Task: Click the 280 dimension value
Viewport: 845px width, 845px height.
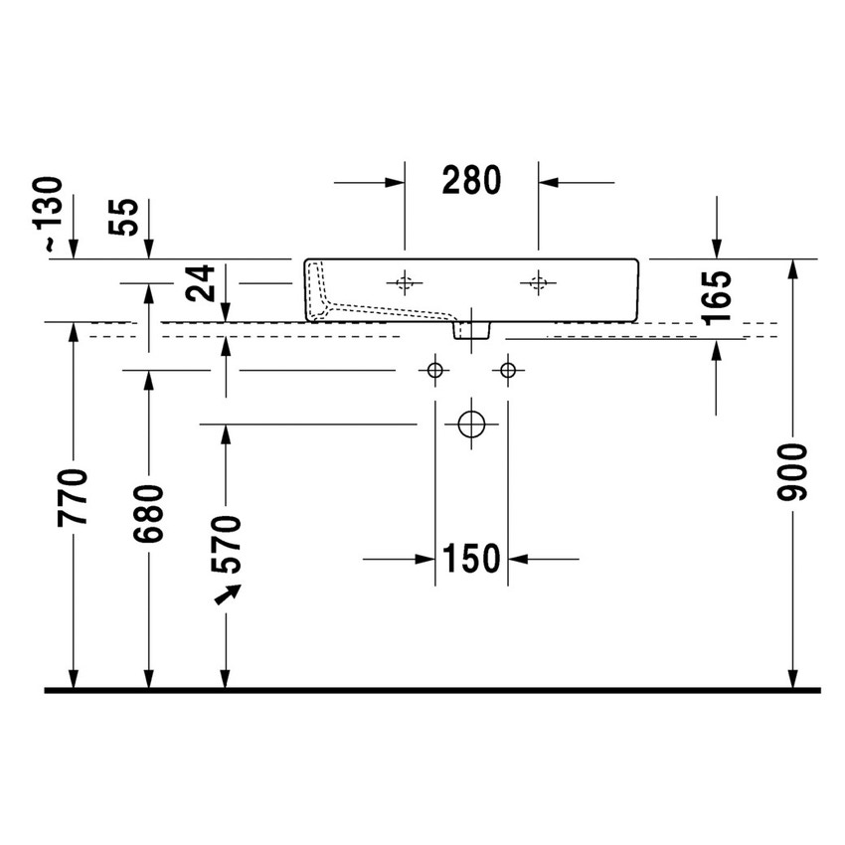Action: [x=471, y=181]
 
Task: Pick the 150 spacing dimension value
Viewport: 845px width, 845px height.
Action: [x=471, y=559]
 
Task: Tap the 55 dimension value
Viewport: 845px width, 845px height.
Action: [x=127, y=216]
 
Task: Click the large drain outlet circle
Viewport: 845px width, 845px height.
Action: [x=471, y=424]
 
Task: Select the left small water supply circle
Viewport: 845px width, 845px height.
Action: [x=434, y=371]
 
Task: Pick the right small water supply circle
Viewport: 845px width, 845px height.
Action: [x=508, y=371]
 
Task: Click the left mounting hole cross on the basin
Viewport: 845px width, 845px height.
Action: [x=404, y=283]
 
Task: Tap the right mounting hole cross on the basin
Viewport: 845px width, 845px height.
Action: [x=538, y=283]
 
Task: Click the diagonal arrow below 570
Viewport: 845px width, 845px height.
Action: [x=230, y=592]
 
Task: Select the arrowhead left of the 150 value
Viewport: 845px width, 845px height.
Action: [x=425, y=559]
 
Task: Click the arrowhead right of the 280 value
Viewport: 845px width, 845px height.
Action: [x=549, y=182]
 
